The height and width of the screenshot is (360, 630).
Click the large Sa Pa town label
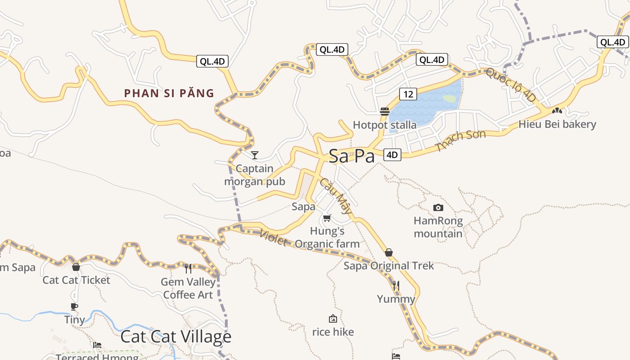[x=351, y=156]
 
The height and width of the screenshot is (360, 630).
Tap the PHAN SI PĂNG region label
[x=169, y=93]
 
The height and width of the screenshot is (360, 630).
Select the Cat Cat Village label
[x=176, y=337]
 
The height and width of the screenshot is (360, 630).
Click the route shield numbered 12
[x=408, y=94]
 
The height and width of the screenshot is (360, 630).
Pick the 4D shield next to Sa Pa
[x=392, y=155]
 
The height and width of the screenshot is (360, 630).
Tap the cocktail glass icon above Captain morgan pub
[x=255, y=155]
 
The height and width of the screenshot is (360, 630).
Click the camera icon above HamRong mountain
[x=438, y=207]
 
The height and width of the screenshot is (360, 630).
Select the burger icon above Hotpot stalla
[x=384, y=111]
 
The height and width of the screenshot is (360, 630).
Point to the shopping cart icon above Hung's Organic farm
[x=327, y=218]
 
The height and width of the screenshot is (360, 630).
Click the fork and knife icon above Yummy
[x=396, y=285]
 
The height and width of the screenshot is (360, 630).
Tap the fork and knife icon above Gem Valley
[x=188, y=269]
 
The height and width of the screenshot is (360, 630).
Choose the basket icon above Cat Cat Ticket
[x=76, y=267]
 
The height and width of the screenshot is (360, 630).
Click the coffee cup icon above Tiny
[x=74, y=306]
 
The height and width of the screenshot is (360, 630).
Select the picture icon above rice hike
[x=333, y=319]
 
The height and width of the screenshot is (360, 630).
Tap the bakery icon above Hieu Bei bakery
[x=557, y=110]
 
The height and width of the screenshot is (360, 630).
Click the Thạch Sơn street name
[x=461, y=140]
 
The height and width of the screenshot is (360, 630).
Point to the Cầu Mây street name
[x=336, y=196]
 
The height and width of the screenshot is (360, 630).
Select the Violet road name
[x=274, y=238]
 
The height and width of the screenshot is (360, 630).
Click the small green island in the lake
[x=449, y=98]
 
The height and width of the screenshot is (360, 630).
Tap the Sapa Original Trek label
[x=389, y=265]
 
